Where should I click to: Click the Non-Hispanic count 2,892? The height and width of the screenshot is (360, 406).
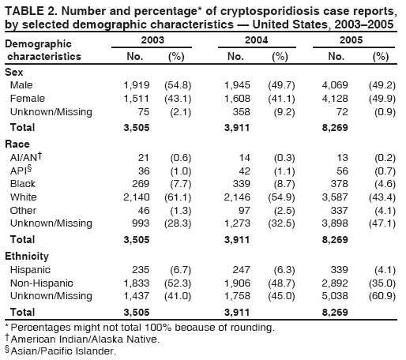point(340,282)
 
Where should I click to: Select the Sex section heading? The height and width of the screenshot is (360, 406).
point(14,71)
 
